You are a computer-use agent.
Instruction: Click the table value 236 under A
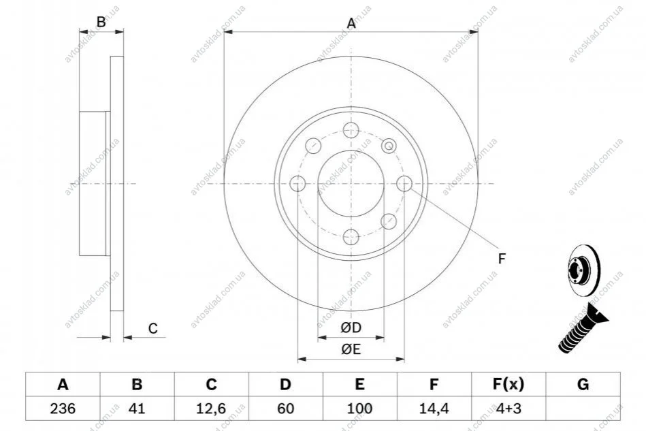[63, 409]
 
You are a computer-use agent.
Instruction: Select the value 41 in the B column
[137, 409]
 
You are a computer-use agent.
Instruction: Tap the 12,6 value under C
[211, 409]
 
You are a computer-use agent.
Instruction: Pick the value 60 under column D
[285, 409]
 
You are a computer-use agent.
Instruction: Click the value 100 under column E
[359, 409]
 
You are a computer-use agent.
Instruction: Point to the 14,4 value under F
[434, 409]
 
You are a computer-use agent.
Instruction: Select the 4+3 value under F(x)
[508, 409]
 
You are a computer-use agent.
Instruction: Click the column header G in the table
[583, 384]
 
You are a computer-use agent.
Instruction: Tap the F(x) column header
[508, 384]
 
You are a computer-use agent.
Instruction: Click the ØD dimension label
[351, 328]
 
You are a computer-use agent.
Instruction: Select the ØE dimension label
[351, 349]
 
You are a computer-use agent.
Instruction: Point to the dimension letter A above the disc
[351, 23]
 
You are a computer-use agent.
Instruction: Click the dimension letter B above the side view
[101, 21]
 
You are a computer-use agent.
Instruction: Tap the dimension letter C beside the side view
[153, 328]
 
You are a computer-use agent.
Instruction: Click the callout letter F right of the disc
[502, 259]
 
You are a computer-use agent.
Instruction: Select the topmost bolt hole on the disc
[351, 130]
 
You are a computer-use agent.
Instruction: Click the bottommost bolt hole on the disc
[351, 237]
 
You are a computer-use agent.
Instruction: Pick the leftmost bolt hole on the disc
[297, 183]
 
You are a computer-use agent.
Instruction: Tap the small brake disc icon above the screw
[584, 271]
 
